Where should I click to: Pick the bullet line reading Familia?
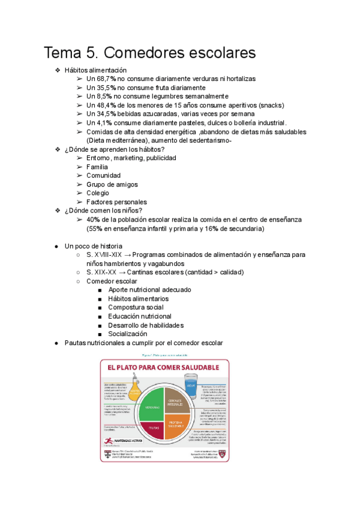pyautogui.click(x=97, y=167)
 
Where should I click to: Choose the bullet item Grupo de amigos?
pyautogui.click(x=112, y=184)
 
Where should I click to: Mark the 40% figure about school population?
pyautogui.click(x=94, y=220)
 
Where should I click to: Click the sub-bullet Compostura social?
pyautogui.click(x=136, y=307)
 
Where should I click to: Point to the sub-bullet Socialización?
pyautogui.click(x=127, y=334)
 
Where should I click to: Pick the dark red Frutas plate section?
pyautogui.click(x=153, y=430)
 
